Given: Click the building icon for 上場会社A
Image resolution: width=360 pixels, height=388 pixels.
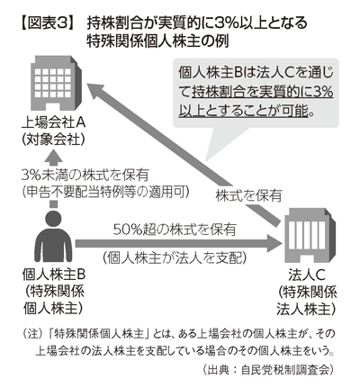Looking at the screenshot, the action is point(56,83).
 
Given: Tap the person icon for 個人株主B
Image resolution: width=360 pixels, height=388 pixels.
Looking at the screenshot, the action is point(53,236).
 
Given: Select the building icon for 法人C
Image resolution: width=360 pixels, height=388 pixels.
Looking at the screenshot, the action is point(308,234).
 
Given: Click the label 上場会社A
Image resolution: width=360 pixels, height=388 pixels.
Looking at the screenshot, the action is point(54,122).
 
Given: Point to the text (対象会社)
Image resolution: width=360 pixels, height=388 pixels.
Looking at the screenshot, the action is point(53,139).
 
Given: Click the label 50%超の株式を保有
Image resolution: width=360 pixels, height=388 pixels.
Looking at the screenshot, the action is point(175,230).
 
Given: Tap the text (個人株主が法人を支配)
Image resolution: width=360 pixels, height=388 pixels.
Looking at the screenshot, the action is point(175,257).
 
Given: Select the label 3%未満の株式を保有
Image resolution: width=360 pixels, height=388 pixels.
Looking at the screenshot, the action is point(85,176).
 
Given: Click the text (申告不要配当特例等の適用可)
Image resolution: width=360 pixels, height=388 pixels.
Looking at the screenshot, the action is point(106,192).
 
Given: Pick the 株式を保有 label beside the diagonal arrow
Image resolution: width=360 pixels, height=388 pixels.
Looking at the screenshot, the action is point(248,195).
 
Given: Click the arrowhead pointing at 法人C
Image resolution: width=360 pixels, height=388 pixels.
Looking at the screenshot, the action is point(274,243).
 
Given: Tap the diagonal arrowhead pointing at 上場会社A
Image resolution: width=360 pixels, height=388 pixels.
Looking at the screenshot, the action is point(97,91).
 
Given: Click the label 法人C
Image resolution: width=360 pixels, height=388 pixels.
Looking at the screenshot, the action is point(307,275).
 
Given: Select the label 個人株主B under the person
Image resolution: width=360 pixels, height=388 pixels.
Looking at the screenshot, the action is point(54,275).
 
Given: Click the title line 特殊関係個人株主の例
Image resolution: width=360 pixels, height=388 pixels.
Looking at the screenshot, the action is point(157,41).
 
